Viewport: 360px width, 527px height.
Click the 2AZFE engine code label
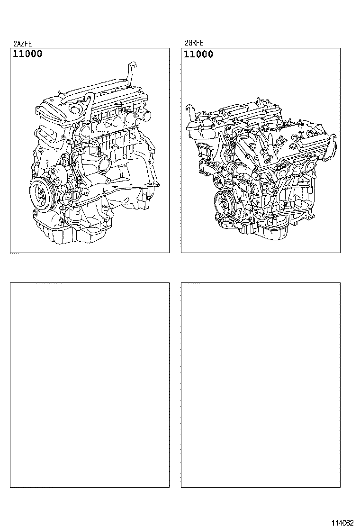(23, 43)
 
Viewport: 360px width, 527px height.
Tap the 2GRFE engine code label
(194, 43)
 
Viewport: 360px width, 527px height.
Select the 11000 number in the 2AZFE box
(27, 54)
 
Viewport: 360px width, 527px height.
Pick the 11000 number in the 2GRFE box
(198, 54)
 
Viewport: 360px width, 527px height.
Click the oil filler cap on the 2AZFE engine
(74, 109)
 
